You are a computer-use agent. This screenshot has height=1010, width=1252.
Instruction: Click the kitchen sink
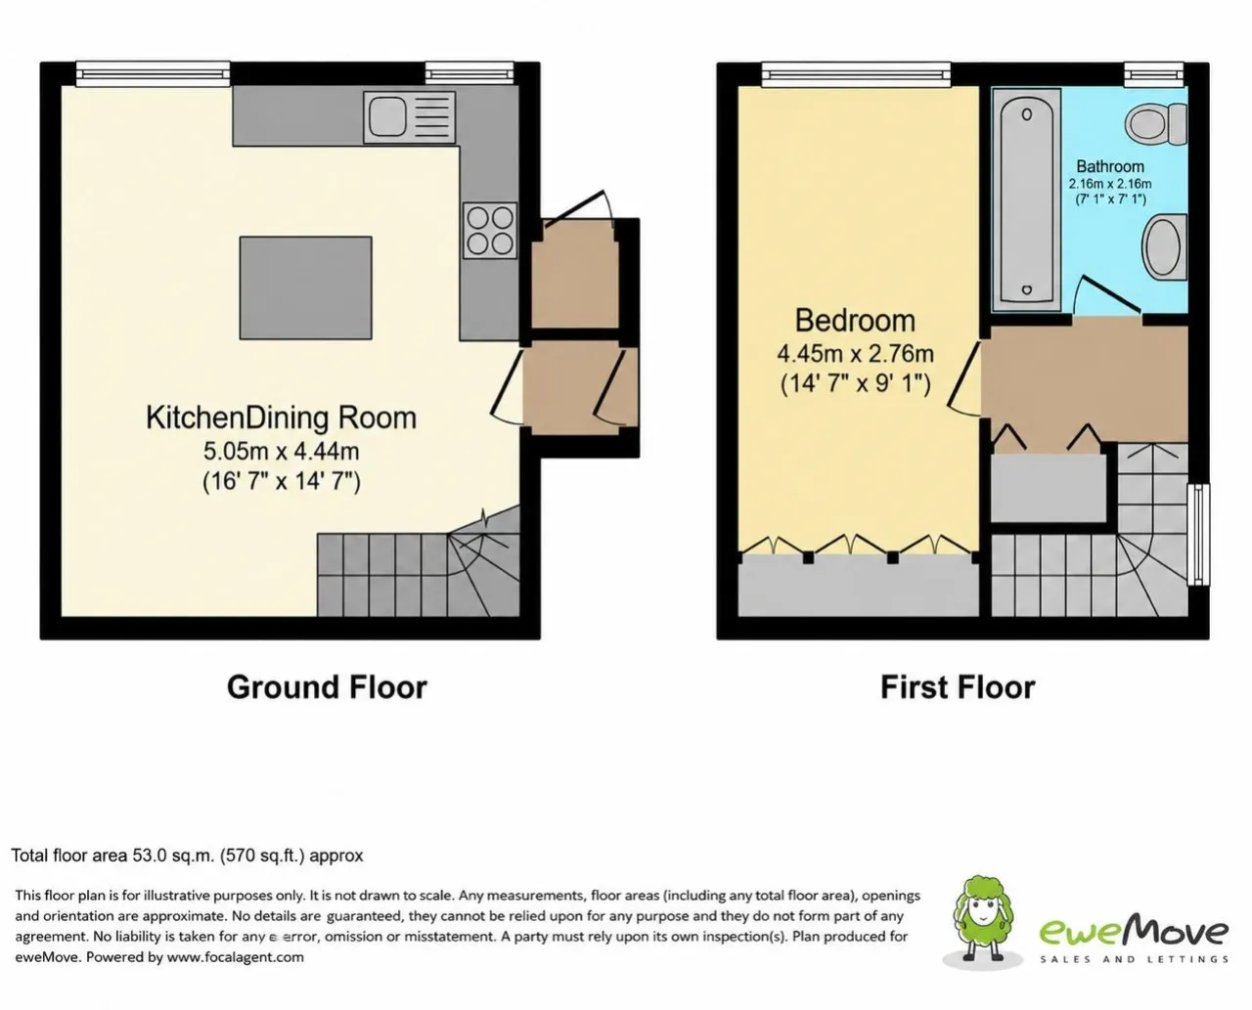coord(409,117)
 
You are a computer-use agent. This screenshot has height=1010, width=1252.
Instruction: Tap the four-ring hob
coord(490,231)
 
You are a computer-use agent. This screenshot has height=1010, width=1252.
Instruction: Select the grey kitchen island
coord(305,287)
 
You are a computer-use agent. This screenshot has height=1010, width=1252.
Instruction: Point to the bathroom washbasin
coord(1164,246)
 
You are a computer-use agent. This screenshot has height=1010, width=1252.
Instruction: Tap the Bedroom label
coord(855,321)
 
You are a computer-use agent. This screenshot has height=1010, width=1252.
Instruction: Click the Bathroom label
coord(1110,166)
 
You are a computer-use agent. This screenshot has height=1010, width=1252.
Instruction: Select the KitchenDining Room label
coord(281,417)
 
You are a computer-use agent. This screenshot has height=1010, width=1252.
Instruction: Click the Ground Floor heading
coord(327,687)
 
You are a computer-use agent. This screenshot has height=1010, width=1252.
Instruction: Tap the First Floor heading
coord(958,687)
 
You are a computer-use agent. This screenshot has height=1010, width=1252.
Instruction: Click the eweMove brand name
coord(1134,932)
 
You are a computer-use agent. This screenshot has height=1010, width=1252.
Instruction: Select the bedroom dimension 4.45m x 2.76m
coord(855,354)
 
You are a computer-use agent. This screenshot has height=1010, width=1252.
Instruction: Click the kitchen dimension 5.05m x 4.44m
coord(281,452)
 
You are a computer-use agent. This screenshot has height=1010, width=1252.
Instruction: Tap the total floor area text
coord(187,856)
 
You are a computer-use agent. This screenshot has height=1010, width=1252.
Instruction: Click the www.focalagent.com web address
coord(235,957)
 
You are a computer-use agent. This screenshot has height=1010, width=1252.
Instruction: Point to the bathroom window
coord(1154,74)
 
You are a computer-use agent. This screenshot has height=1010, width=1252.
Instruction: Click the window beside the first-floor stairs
coord(1198,534)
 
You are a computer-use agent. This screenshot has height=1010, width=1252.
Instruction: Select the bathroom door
coord(1107,295)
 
